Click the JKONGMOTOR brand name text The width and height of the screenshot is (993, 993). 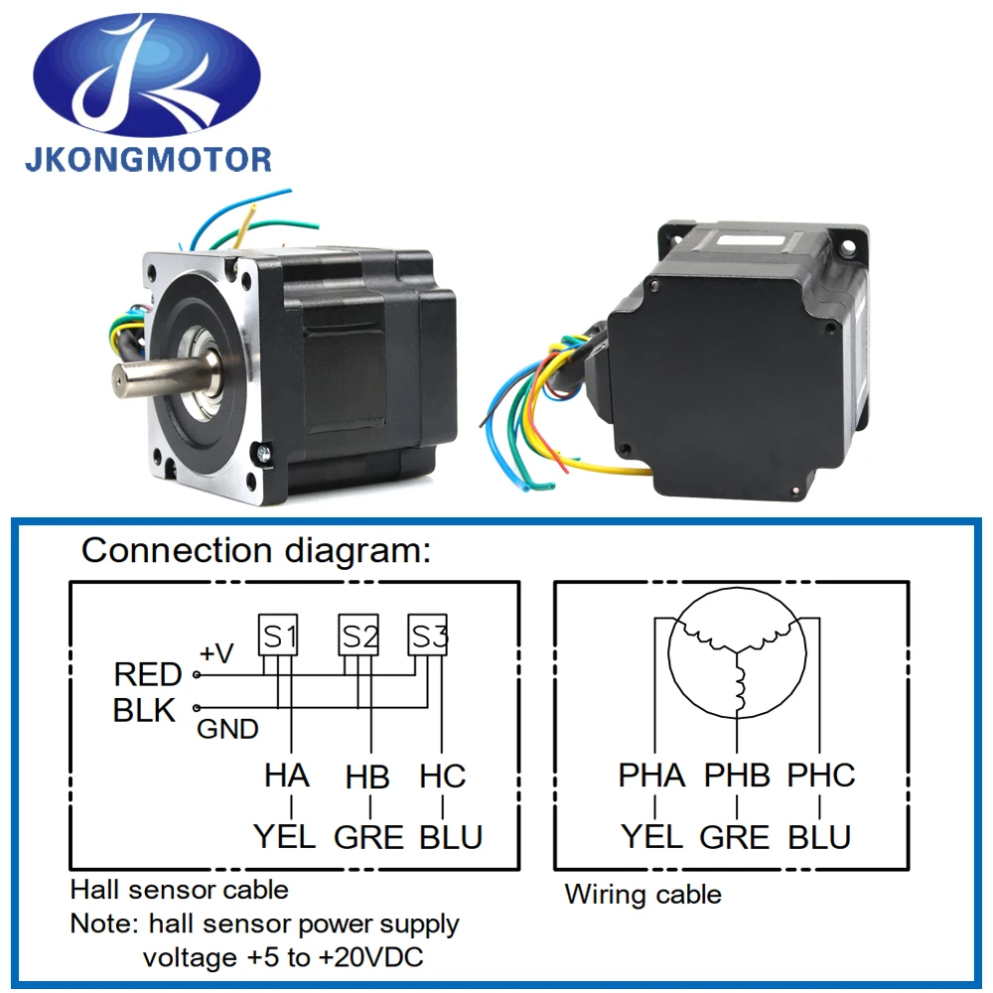148,159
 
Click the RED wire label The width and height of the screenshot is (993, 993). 147,675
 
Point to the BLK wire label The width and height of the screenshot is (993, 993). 144,711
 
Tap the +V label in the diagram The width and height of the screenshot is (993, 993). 217,653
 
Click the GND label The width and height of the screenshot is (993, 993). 227,730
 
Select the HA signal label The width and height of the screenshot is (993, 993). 287,776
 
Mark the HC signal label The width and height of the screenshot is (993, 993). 443,776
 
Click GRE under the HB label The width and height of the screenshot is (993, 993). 368,837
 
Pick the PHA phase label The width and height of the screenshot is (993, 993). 651,776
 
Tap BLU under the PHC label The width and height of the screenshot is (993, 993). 819,837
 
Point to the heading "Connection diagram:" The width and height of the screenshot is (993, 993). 256,550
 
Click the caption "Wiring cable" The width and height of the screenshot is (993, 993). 642,895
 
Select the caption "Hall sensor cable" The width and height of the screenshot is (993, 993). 179,889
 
